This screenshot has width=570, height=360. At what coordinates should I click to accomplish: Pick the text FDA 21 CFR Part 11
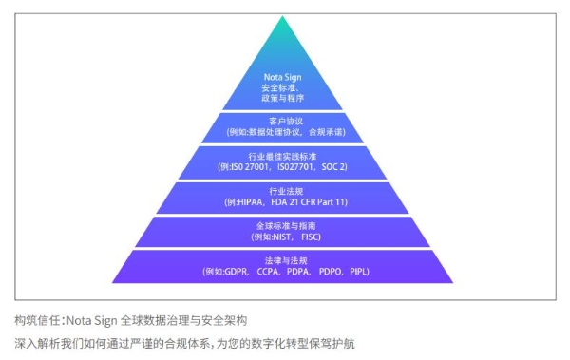pyautogui.click(x=307, y=202)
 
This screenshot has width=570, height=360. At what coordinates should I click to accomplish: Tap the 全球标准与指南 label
pyautogui.click(x=285, y=225)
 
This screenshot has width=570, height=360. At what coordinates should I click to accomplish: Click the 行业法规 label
pyautogui.click(x=285, y=190)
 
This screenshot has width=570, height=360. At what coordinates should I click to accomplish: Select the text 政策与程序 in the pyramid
pyautogui.click(x=285, y=98)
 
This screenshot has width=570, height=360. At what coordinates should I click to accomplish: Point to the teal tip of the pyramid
pyautogui.click(x=285, y=28)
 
